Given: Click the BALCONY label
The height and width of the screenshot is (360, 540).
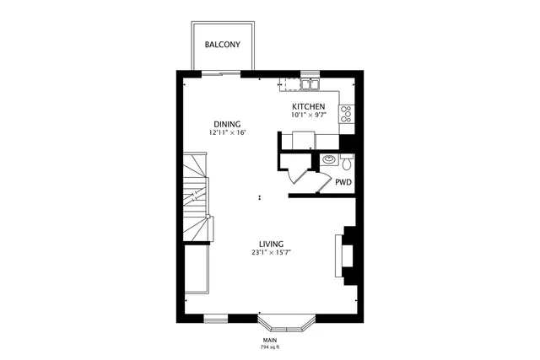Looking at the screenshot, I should pos(223,45).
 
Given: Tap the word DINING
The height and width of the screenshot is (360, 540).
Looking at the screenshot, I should pos(226,124).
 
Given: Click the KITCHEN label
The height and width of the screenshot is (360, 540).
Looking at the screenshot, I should pos(308,106).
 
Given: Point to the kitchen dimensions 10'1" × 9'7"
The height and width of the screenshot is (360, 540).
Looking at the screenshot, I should pos(308,115).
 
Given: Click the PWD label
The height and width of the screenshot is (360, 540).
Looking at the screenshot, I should pos(343,181).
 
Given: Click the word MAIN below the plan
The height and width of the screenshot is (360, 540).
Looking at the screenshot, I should pos(269,340).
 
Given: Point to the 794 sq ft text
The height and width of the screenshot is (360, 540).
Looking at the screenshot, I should pos(269,347).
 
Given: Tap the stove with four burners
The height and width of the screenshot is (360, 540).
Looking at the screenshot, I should pos(345,114).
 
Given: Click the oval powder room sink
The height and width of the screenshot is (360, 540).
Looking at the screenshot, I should pos(328,159).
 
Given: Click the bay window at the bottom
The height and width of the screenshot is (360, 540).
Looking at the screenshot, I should pos(286,323).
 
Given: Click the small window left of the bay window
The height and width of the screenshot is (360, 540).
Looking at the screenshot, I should pos(216,318).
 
